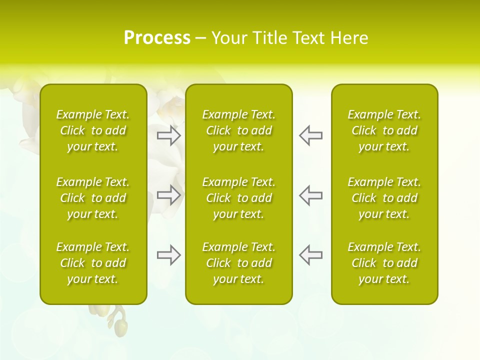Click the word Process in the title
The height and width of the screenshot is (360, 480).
point(157,38)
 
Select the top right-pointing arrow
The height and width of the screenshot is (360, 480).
point(169,135)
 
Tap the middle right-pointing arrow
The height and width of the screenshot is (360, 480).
point(169,195)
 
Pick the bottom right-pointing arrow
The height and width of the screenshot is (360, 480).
point(169,255)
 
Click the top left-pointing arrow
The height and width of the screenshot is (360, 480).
point(310,135)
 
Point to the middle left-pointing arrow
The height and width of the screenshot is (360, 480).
point(310,195)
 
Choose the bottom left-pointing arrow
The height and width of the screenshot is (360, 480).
point(310,255)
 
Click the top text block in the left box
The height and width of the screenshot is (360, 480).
point(93,130)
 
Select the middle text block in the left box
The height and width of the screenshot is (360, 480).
point(93,198)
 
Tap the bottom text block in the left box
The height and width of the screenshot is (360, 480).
point(93,263)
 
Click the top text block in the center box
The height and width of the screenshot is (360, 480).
point(238,130)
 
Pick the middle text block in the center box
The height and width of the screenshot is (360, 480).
point(238,198)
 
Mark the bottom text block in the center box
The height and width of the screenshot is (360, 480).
point(238,263)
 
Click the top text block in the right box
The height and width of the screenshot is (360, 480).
point(384,130)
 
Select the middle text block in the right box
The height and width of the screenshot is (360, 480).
point(384,198)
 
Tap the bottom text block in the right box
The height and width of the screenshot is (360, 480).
point(384,263)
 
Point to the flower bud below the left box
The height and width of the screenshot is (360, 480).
point(120,327)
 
